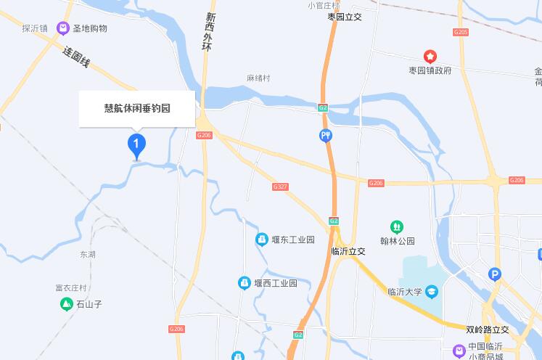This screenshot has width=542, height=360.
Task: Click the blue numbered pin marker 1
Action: pos(136,143)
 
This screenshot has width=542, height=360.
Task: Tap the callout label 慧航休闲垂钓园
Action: pos(136,109)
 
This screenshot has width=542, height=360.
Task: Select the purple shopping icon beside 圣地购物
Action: pos(63,28)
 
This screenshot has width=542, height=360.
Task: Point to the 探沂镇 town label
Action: pos(35,29)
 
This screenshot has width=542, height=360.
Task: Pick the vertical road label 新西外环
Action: pos(210,32)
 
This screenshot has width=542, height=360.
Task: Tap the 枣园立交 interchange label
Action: pos(345,17)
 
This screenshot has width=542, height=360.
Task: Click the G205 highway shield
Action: pos(461,32)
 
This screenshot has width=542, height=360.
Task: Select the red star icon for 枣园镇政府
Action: pos(430,56)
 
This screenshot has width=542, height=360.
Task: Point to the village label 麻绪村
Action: pos(258,78)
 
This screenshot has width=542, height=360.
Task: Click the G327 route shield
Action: pos(280,187)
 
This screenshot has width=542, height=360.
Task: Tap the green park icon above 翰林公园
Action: pos(396,226)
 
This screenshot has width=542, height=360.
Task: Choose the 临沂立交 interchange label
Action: pos(348,251)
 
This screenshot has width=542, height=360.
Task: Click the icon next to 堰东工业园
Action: pos(261,240)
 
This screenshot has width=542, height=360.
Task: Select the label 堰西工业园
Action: pos(276,283)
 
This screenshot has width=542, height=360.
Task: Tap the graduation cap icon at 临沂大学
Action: pos(432,292)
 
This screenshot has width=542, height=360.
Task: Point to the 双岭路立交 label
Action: pos(488,330)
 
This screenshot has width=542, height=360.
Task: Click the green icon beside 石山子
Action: pos(66,304)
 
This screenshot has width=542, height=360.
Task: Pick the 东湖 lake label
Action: pos(88,255)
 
